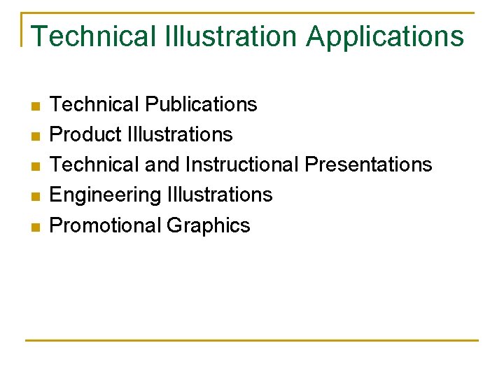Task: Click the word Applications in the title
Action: [385, 36]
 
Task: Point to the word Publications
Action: [201, 105]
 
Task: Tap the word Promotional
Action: [106, 225]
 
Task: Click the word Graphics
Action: [209, 225]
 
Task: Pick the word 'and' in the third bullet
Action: [162, 164]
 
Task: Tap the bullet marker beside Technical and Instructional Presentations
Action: [36, 166]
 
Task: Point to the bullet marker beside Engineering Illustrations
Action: [36, 196]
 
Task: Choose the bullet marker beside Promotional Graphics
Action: [36, 226]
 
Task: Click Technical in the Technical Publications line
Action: [94, 104]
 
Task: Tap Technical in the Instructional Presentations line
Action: [94, 164]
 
